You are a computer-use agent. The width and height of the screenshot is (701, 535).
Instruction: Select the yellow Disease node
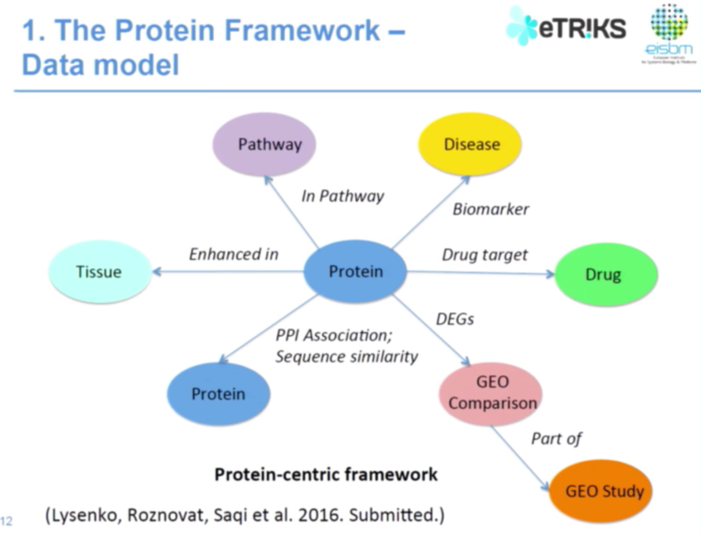(471, 144)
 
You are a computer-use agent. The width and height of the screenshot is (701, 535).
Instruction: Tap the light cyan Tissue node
(98, 271)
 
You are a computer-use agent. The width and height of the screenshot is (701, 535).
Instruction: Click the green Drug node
(602, 275)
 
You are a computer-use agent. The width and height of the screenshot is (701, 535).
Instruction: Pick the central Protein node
(355, 271)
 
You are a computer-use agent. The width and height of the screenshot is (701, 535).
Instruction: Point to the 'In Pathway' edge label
(342, 195)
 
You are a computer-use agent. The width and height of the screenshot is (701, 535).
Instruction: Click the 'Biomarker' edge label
(491, 209)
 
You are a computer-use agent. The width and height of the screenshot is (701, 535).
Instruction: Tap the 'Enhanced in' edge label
(234, 254)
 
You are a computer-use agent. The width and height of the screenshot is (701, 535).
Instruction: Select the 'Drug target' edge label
(485, 254)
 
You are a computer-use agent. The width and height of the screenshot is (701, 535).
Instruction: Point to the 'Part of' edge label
(556, 438)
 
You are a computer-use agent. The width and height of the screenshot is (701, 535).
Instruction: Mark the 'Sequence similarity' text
(347, 356)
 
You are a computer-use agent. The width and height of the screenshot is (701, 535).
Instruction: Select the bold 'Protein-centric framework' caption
(325, 475)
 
